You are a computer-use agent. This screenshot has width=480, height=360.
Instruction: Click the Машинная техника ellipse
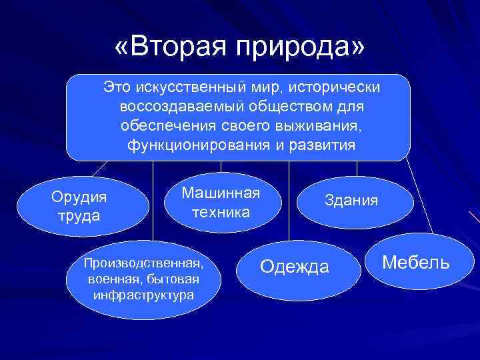point(220,203)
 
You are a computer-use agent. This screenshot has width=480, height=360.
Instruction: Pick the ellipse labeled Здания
point(351,200)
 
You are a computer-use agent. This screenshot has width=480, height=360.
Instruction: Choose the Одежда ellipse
point(294,267)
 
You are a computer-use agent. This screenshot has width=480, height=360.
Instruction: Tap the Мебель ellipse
point(415,263)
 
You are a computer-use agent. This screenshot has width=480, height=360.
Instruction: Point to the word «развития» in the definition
point(326,145)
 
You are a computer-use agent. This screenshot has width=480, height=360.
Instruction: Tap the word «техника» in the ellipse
point(221,212)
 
